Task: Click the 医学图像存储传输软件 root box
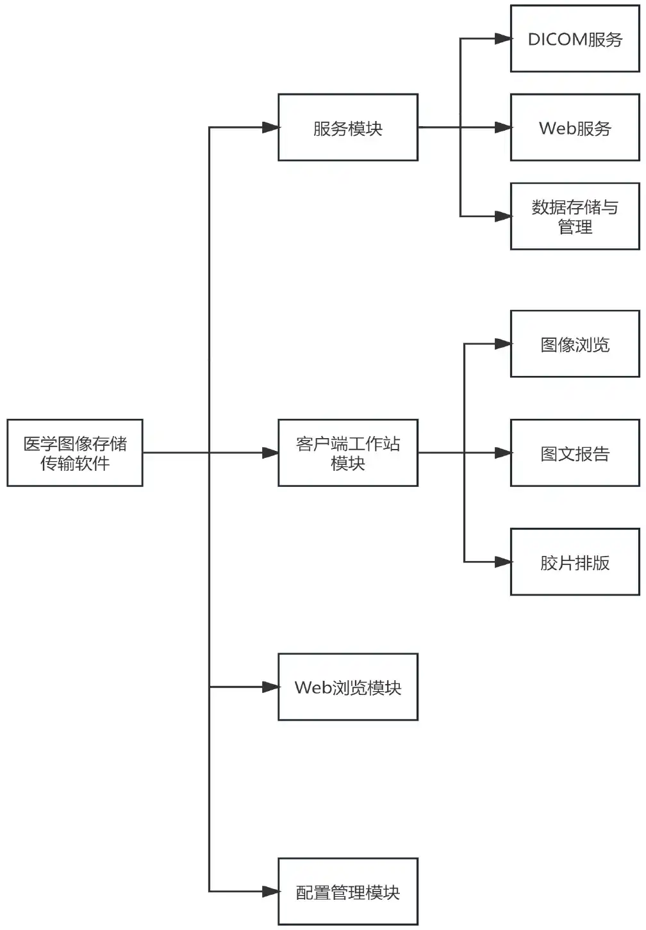tap(75, 453)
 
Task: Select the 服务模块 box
tap(348, 127)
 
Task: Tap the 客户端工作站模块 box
tap(348, 453)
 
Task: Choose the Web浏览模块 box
tap(348, 687)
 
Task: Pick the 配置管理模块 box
tap(348, 892)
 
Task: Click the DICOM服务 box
tap(575, 39)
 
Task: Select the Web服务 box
tap(575, 127)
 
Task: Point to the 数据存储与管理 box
tap(575, 216)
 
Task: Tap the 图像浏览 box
tap(575, 344)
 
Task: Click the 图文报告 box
tap(575, 453)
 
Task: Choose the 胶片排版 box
tap(575, 562)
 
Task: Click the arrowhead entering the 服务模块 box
tap(270, 127)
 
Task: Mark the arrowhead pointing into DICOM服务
tap(503, 39)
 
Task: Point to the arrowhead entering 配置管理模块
tap(270, 891)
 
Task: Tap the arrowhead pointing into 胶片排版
tap(503, 562)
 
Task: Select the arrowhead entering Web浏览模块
tap(270, 687)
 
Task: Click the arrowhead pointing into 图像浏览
tap(503, 344)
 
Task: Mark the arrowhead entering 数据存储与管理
tap(503, 216)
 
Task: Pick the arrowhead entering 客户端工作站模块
tap(270, 453)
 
